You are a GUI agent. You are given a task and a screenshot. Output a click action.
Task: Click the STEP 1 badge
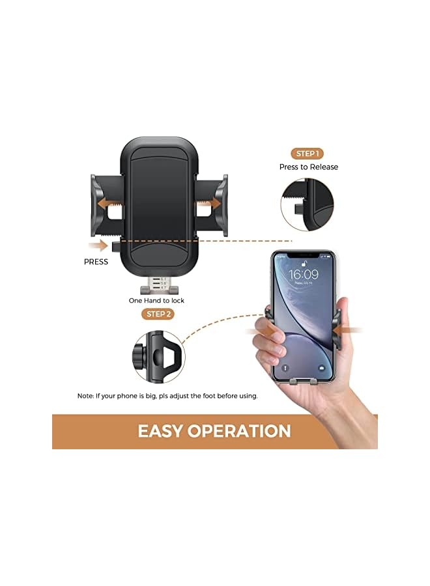308,154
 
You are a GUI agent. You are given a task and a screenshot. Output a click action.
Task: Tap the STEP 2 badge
159,314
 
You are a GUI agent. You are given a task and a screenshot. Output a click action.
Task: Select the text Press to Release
309,167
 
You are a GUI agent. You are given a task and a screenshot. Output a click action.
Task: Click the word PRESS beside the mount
96,262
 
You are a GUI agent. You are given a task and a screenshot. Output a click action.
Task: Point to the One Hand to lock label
156,300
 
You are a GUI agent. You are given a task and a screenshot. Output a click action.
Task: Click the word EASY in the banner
160,430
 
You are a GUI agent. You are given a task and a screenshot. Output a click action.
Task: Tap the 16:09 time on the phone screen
304,274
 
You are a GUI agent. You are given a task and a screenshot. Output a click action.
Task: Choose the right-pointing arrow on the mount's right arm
210,203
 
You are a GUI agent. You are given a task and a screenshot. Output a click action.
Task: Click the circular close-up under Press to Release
308,202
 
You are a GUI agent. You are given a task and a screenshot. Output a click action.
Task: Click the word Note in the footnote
85,395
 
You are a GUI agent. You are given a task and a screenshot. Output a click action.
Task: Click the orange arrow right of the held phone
351,331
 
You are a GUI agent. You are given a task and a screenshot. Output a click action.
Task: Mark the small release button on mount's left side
115,246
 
